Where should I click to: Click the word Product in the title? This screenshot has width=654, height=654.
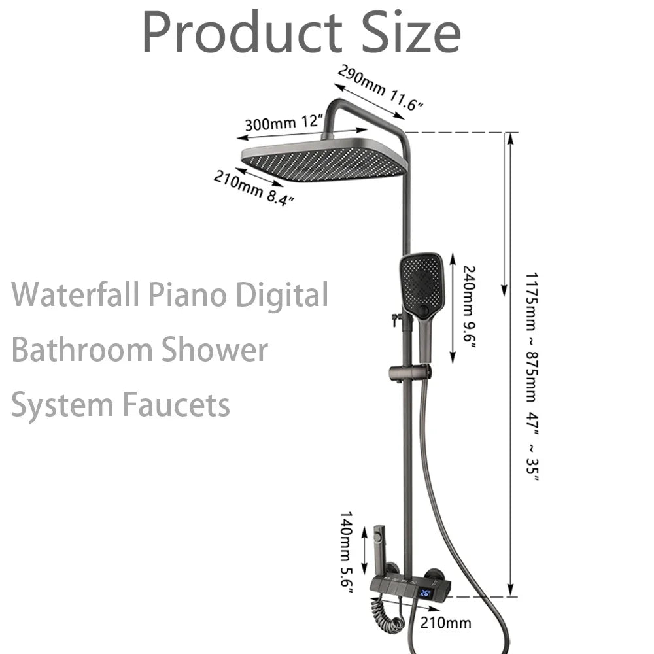[242, 33]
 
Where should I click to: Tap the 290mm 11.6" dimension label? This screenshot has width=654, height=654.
[380, 88]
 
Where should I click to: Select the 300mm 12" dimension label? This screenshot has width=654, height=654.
[284, 122]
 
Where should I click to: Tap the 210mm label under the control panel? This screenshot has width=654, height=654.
[445, 623]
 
